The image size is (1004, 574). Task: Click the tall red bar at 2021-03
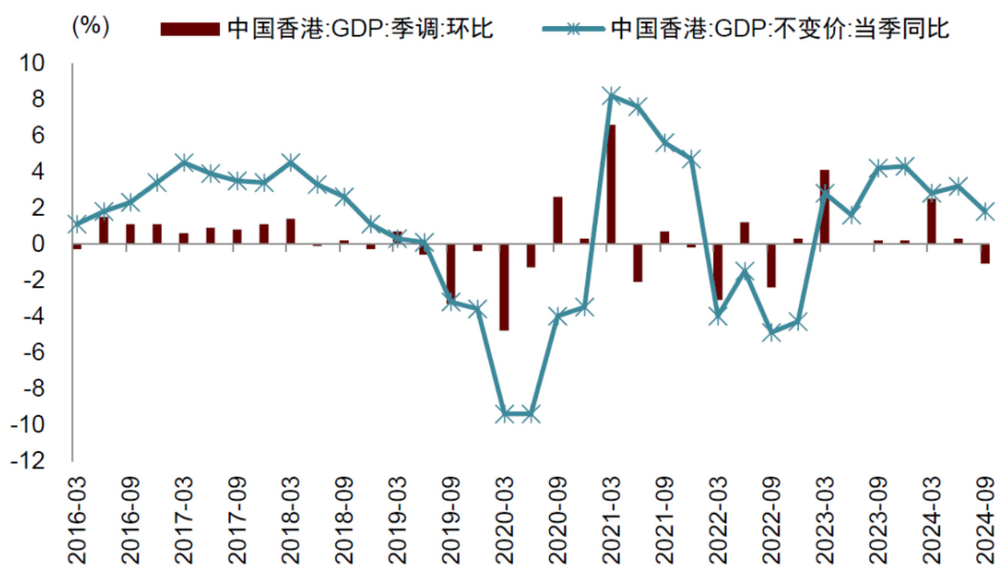611,184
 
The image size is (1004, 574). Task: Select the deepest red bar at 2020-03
504,287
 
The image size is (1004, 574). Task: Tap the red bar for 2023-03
824,207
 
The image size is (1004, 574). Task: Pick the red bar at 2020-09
558,221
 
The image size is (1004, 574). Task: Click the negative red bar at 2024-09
985,254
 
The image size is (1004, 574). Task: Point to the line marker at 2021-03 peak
611,96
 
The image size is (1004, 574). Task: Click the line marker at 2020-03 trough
504,414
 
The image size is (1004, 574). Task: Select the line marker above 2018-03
291,162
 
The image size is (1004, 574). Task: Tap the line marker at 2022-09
771,333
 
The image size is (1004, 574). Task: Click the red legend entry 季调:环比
327,29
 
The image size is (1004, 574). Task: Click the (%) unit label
90,27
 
